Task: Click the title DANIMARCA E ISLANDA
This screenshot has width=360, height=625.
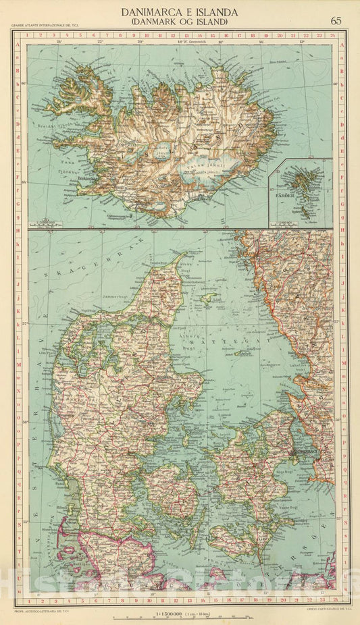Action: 179,11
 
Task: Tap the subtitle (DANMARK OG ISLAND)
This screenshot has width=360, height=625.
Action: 179,22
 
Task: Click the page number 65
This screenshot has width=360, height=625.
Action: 335,19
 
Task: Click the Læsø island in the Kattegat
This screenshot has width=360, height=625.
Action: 209,298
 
